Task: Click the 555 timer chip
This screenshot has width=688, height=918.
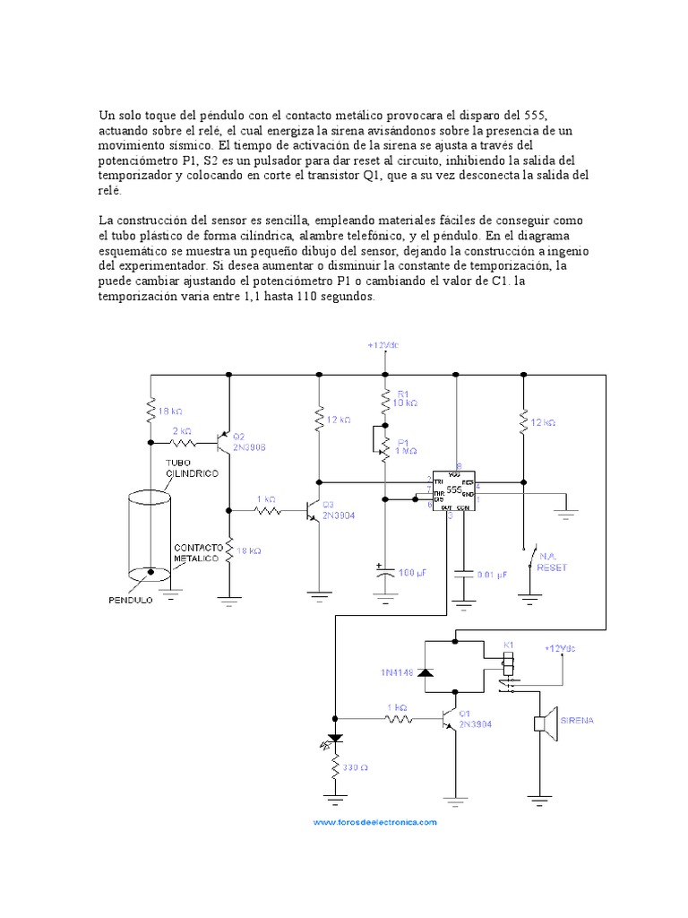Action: coord(455,491)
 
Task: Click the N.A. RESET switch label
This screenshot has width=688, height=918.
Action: coord(553,561)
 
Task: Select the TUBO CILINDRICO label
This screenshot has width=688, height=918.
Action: coord(190,467)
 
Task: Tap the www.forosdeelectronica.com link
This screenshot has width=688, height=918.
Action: coord(374,821)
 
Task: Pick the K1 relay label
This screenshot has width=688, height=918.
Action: coord(508,645)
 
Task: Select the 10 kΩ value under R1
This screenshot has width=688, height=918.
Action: coord(408,403)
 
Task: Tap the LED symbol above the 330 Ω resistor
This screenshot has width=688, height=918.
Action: coord(336,741)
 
